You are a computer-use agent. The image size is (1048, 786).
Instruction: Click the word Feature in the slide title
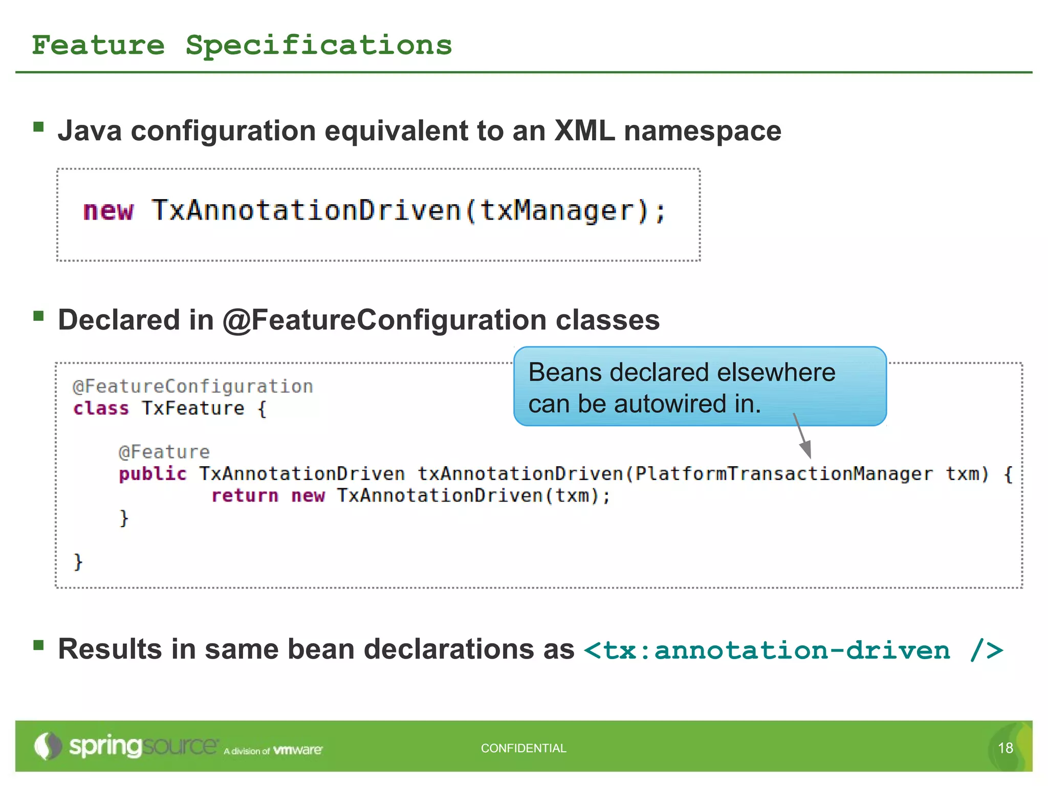(98, 45)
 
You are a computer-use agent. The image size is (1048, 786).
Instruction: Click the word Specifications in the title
(318, 45)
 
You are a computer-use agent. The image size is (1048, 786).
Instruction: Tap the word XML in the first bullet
(584, 130)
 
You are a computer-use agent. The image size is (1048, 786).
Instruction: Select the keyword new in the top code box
(108, 211)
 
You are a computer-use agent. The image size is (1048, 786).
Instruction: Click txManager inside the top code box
(557, 211)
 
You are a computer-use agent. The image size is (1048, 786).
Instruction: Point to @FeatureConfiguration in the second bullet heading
(384, 320)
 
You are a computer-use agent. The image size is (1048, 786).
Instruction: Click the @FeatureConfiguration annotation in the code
(192, 386)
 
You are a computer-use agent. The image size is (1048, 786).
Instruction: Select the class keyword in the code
(101, 408)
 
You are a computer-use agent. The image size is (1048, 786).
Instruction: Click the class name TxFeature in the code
(193, 408)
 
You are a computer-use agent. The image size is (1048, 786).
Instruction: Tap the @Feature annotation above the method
(164, 452)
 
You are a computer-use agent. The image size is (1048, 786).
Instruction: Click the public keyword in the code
(152, 474)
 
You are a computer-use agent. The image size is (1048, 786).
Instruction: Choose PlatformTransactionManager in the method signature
(783, 474)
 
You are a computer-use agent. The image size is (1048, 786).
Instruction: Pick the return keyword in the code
(245, 495)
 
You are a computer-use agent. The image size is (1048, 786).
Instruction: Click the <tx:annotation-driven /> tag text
(793, 650)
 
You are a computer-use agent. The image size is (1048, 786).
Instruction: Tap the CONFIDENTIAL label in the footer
(523, 748)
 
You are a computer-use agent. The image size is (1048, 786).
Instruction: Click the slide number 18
(1005, 748)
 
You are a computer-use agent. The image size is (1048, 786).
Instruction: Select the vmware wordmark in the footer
(298, 750)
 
